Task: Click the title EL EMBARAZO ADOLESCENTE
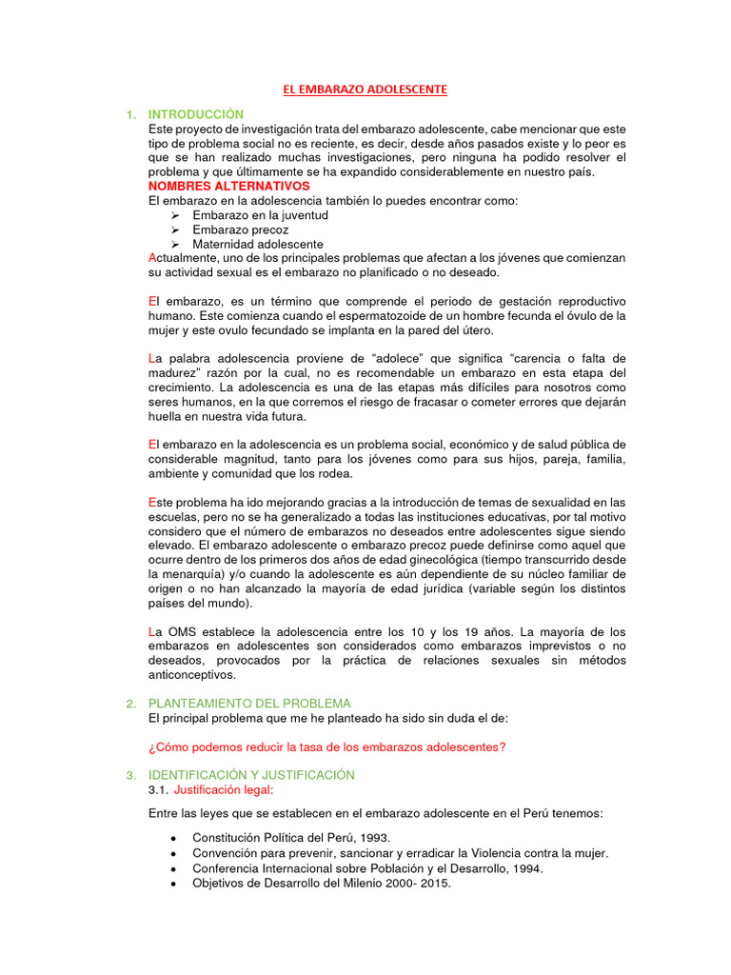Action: tap(365, 90)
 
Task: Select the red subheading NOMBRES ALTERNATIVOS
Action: tap(229, 186)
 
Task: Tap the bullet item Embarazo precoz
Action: tap(240, 229)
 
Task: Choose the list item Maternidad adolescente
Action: tap(257, 244)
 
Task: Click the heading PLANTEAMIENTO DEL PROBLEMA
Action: tap(250, 704)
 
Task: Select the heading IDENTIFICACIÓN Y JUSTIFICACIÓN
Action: tap(251, 775)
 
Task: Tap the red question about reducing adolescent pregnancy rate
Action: tap(327, 746)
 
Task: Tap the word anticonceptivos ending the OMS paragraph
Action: tap(193, 675)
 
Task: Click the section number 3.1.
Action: tap(158, 789)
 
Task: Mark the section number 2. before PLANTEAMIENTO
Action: tap(130, 704)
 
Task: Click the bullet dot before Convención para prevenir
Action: tap(172, 853)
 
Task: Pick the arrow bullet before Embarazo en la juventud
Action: tap(175, 215)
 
